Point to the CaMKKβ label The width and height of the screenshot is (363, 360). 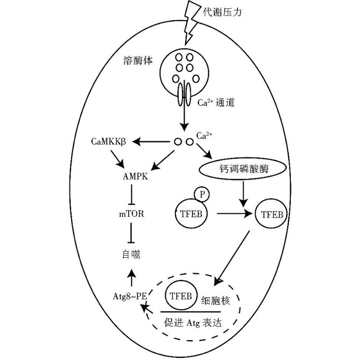pos(109,142)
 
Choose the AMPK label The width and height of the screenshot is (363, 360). pos(133,176)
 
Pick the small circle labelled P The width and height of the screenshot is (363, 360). pos(202,195)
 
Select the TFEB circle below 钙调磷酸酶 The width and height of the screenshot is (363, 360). pos(270,213)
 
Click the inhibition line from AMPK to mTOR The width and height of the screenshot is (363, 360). pos(133,195)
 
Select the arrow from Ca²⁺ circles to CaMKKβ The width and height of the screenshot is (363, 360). pos(153,141)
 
